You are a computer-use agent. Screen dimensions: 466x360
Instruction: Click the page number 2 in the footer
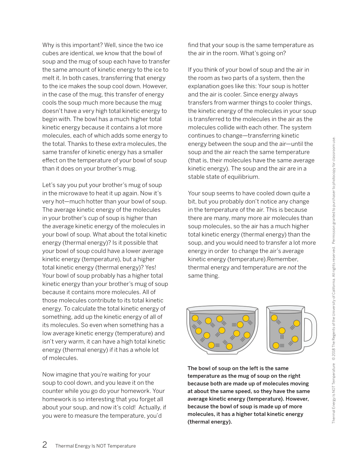[44, 445]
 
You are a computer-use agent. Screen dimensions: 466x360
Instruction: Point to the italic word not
[292, 267]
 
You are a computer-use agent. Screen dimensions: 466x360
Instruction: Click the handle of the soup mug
[310, 330]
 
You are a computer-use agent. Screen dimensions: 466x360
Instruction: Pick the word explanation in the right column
[204, 86]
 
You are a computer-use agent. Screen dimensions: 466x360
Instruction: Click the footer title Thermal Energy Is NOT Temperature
[96, 446]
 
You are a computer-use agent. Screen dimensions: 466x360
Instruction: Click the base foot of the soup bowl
[222, 352]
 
